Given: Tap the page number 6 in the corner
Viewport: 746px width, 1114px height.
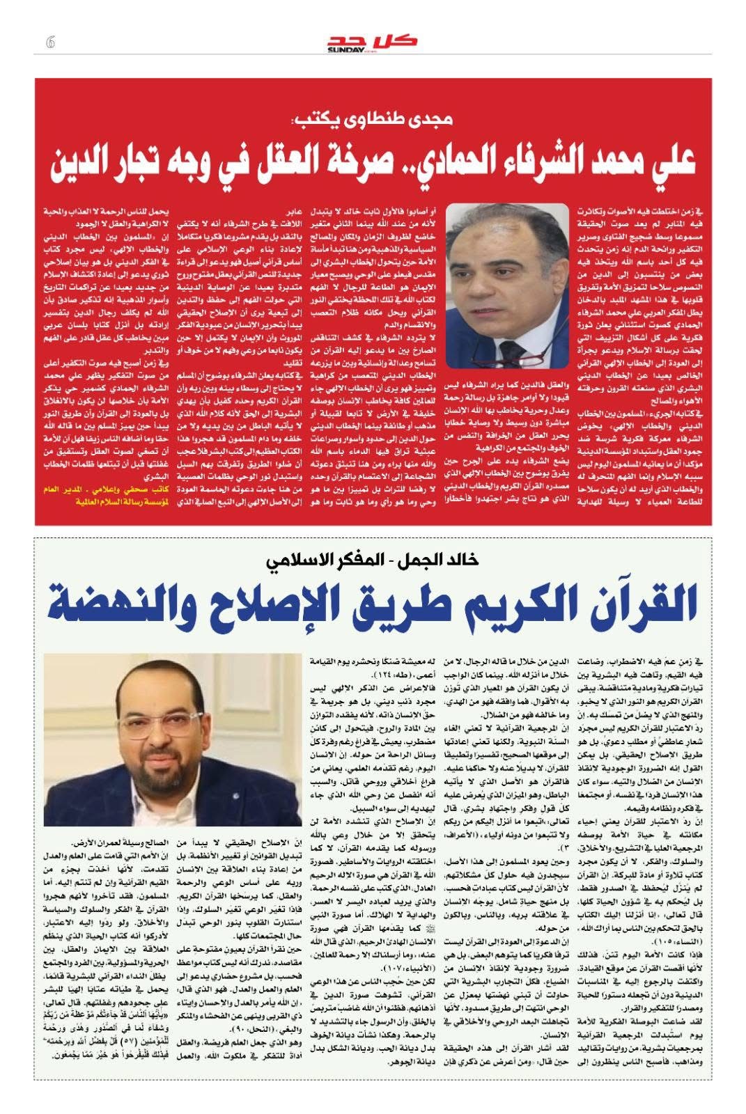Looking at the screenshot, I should [49, 42].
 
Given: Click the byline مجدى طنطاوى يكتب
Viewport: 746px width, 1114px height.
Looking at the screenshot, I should [373, 120].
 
